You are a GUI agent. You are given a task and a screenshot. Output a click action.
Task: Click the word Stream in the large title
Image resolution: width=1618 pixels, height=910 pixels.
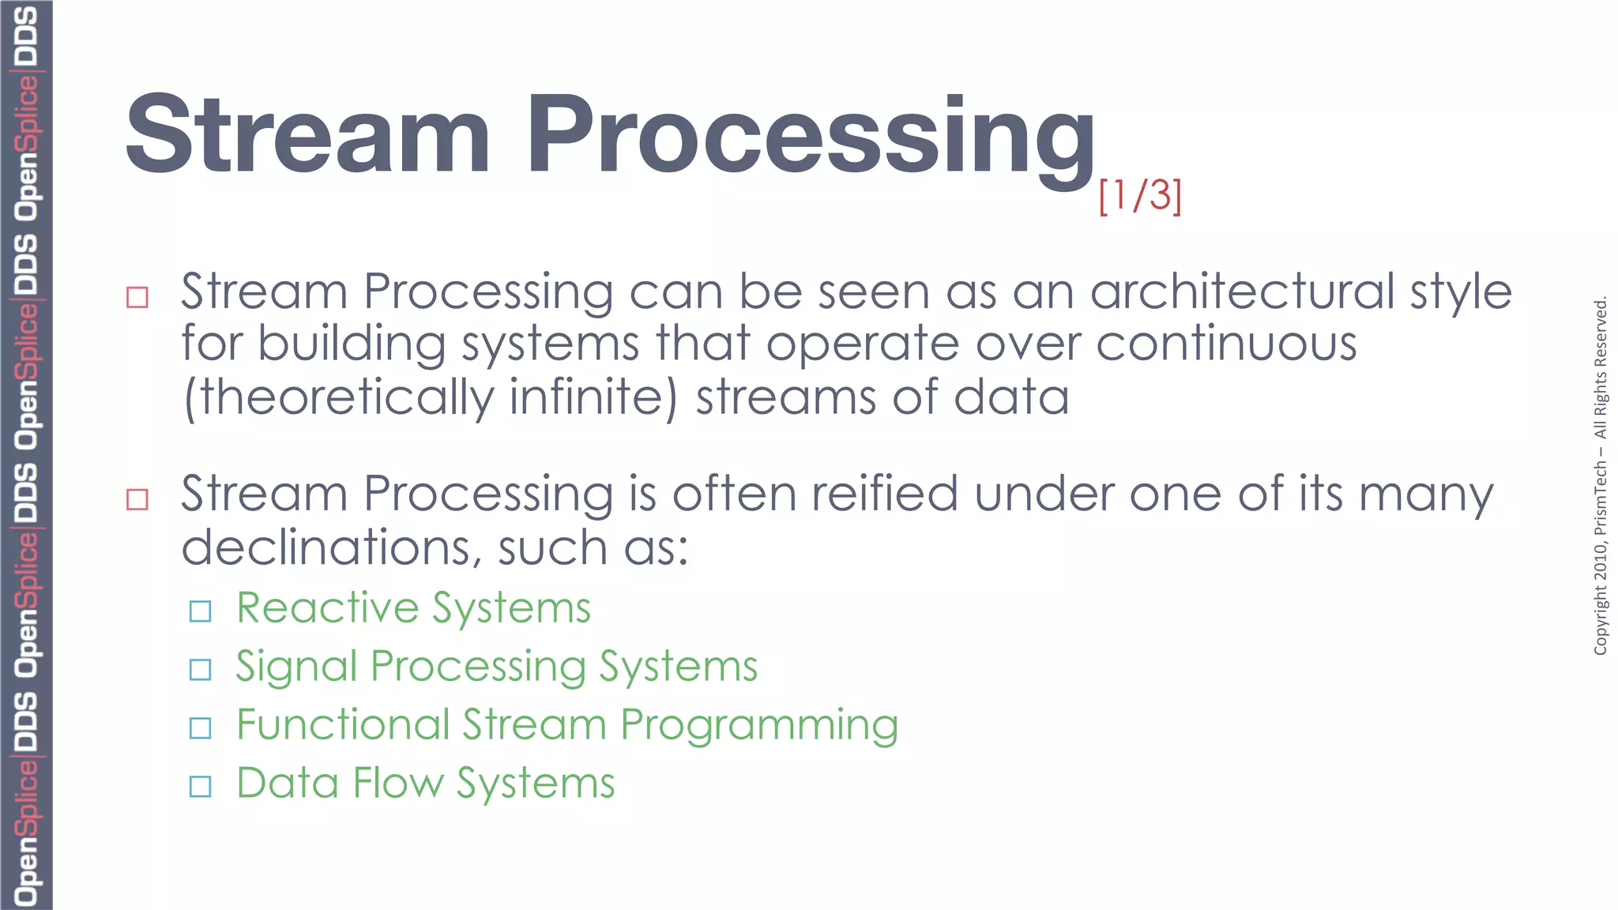click(308, 134)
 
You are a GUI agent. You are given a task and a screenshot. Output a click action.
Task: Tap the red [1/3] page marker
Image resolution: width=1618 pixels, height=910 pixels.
click(1140, 195)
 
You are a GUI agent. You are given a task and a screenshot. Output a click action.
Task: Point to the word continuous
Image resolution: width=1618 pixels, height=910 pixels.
click(1226, 344)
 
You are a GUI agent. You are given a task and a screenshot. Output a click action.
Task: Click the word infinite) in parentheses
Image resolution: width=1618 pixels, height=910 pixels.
click(593, 397)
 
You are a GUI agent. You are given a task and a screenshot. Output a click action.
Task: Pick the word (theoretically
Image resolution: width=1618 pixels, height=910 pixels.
click(339, 398)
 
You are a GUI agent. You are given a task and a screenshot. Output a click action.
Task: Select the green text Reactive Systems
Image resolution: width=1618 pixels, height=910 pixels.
click(413, 608)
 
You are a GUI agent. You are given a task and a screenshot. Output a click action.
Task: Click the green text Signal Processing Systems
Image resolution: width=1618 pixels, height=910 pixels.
click(496, 667)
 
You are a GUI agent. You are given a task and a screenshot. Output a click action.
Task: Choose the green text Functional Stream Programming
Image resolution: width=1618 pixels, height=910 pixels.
click(566, 725)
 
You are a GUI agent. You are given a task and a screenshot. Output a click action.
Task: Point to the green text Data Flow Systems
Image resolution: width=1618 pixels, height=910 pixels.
click(425, 784)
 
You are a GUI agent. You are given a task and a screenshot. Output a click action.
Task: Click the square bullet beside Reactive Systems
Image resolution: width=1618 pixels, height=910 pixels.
click(201, 611)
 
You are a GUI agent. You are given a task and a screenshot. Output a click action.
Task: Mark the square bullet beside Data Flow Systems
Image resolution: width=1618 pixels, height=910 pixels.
click(201, 786)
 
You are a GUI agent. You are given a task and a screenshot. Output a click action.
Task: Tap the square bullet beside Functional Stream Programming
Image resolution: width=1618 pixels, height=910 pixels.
click(201, 728)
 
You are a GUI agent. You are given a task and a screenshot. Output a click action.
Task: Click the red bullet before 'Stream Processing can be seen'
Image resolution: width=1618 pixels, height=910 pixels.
click(137, 297)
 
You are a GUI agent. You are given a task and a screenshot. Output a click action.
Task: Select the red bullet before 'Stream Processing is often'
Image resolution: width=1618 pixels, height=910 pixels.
click(137, 499)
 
